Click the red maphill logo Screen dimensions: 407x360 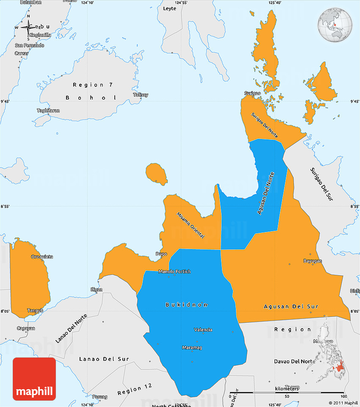[34, 379]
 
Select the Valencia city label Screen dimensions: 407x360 [203, 329]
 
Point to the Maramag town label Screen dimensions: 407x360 [192, 348]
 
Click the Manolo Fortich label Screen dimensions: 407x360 [174, 271]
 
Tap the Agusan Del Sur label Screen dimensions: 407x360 [291, 306]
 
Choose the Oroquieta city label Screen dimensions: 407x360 [42, 257]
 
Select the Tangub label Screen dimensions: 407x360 [35, 310]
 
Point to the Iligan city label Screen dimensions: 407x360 [97, 289]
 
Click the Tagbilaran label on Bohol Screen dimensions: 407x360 [48, 111]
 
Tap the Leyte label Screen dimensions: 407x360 [169, 8]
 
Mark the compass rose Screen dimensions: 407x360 [28, 28]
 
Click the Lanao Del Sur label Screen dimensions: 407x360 [104, 359]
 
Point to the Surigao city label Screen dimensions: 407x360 [252, 93]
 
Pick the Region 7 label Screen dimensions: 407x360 [93, 85]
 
